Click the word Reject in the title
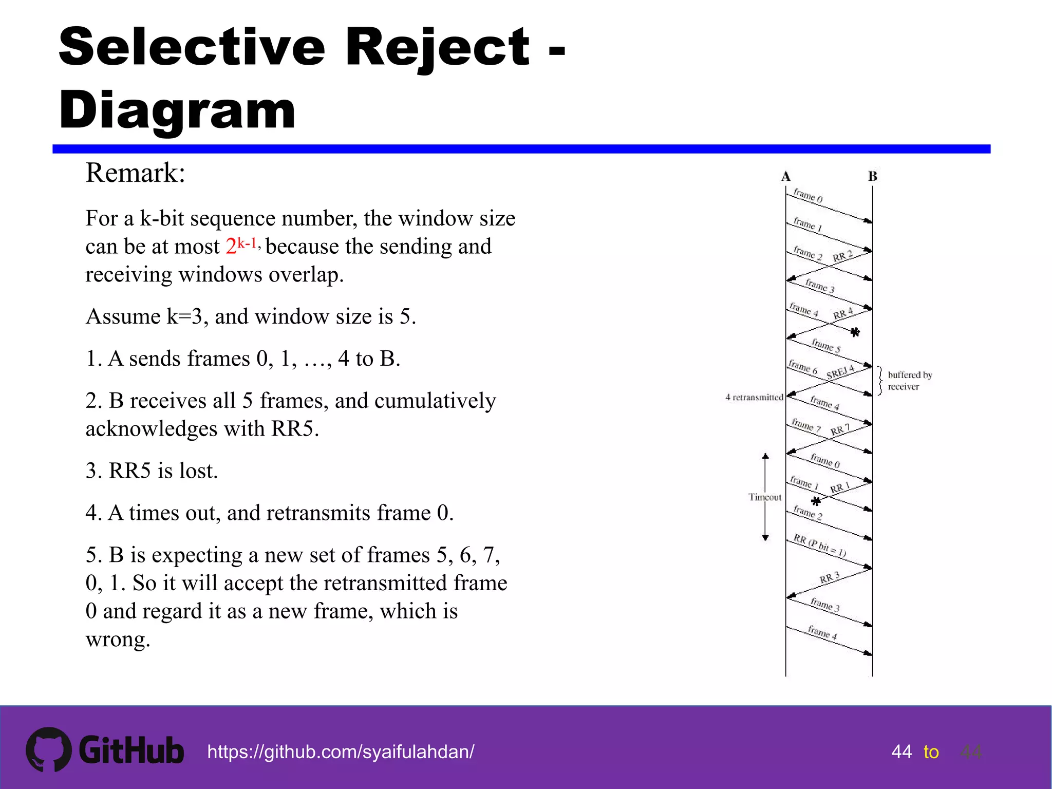(437, 47)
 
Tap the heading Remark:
(135, 173)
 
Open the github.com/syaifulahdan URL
(341, 752)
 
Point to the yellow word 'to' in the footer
(931, 752)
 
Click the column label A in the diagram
(785, 176)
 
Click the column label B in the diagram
(872, 176)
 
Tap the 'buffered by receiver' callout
(909, 381)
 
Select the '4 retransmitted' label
(754, 397)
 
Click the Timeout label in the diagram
(765, 497)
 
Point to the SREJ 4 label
(840, 372)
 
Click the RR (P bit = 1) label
(819, 545)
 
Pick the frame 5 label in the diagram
(826, 346)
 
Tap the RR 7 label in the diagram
(840, 429)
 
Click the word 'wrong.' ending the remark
(118, 640)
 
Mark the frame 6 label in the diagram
(803, 366)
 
